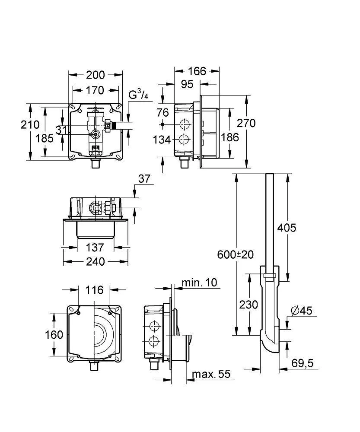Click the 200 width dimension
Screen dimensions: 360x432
96,75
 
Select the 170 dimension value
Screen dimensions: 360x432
95,90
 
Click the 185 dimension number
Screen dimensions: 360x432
45,138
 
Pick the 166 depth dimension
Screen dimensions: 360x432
197,71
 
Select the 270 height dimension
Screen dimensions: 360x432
246,123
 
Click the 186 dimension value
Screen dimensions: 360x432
230,137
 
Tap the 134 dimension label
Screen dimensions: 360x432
162,140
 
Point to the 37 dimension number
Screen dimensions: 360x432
144,179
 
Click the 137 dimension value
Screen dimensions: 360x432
95,248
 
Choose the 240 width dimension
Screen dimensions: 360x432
96,261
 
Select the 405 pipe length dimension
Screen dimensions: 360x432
287,228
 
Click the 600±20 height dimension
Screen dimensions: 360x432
236,254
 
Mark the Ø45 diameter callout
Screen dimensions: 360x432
302,311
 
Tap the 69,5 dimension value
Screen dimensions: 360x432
303,363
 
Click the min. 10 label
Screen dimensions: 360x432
199,283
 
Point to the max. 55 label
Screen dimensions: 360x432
211,374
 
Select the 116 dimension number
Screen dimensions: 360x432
94,290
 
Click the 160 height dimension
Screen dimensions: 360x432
54,335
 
